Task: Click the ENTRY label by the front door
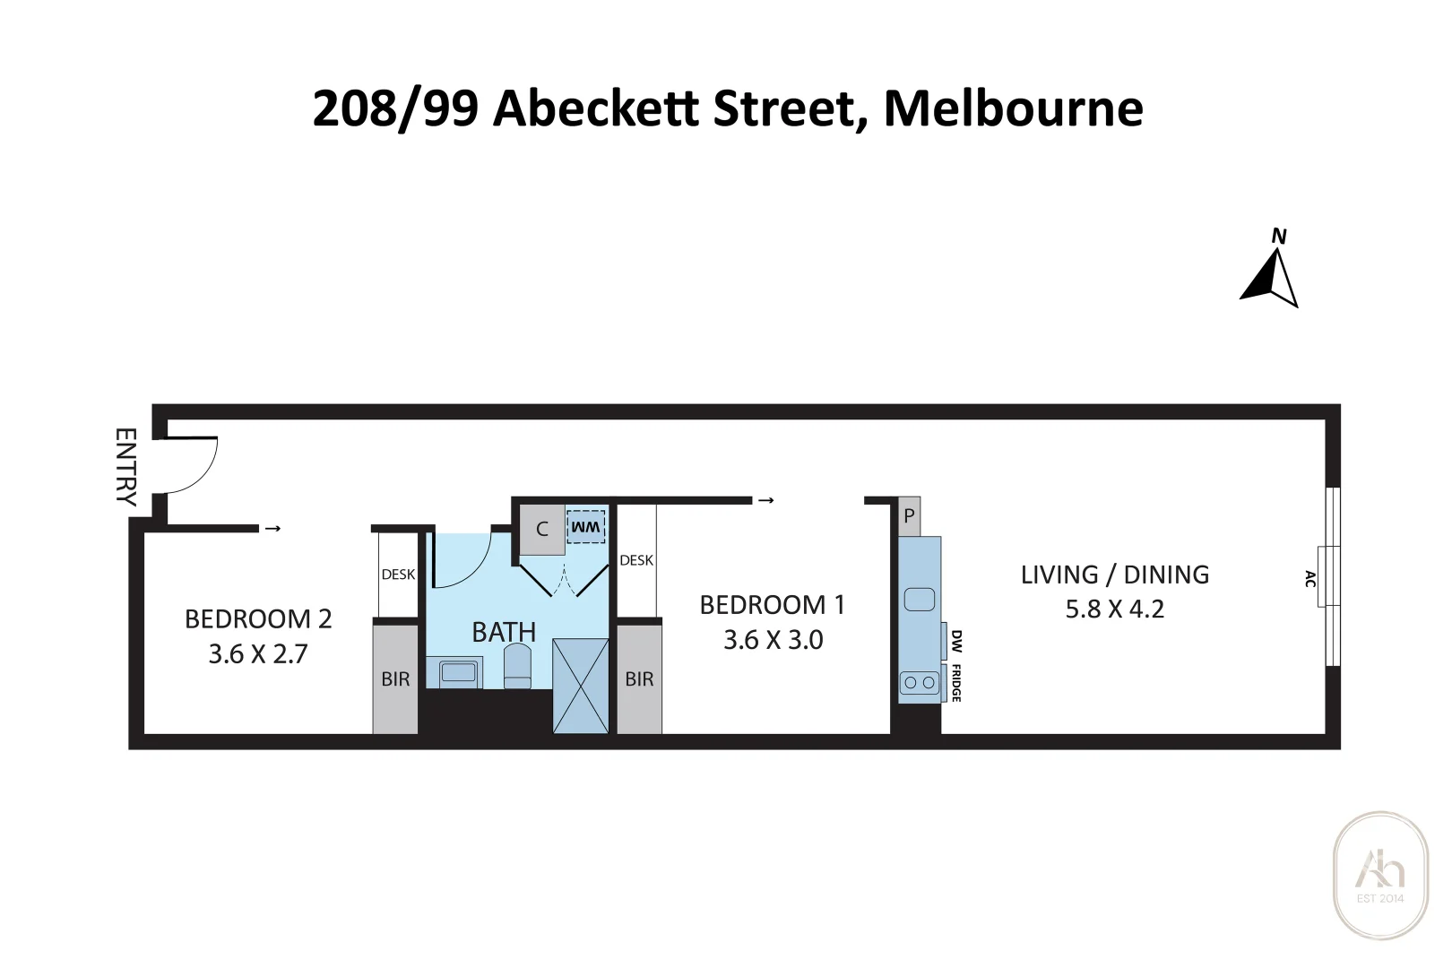pos(126,467)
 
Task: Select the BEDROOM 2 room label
pos(258,619)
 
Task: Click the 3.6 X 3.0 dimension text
pos(773,640)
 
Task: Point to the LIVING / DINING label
pos(1114,575)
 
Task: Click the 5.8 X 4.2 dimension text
pos(1114,609)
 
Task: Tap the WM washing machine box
pos(586,527)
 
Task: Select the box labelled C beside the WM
pos(542,530)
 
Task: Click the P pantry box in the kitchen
pos(909,516)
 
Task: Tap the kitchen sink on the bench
pos(919,599)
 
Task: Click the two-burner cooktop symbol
pos(919,683)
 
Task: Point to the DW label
pos(956,641)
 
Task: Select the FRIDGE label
pos(956,683)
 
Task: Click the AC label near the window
pos(1310,578)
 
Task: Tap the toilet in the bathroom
pos(517,668)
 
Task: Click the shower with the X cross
pos(580,686)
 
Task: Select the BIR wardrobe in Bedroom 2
pos(395,679)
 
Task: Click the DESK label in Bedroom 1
pos(636,560)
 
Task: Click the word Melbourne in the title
pos(1013,108)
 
